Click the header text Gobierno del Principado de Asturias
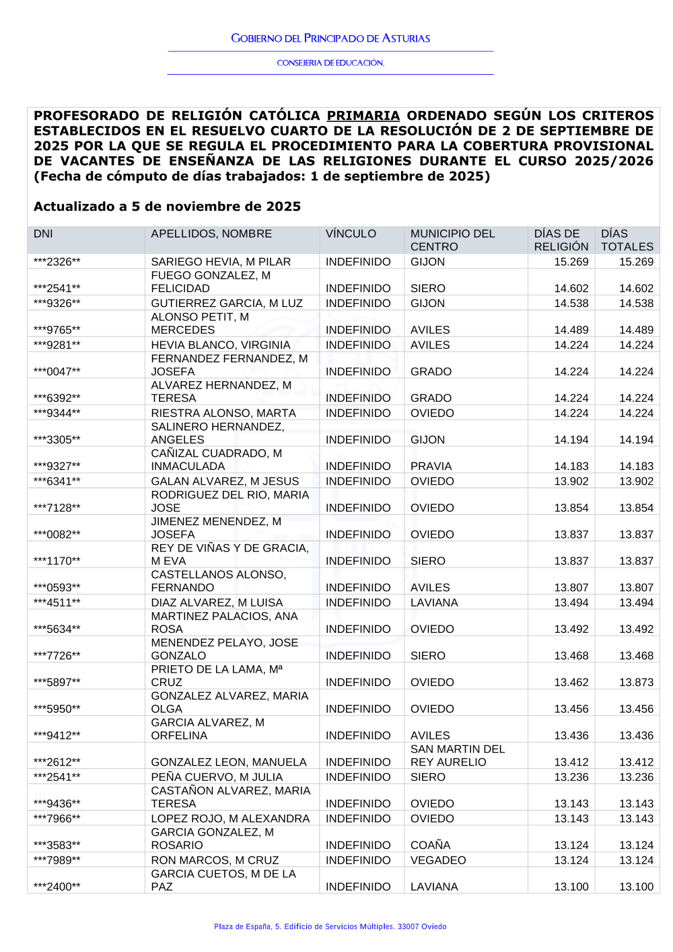tap(330, 38)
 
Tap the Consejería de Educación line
tap(330, 63)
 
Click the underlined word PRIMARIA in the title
tap(363, 116)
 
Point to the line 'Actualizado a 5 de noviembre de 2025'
tap(167, 207)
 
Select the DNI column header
tap(43, 234)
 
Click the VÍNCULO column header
tap(351, 234)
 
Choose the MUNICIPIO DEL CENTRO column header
tap(452, 240)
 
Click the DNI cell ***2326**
tap(57, 262)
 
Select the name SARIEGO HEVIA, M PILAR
tap(221, 262)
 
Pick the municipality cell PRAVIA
tap(431, 466)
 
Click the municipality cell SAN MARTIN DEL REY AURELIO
tap(457, 755)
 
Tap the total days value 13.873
tap(636, 682)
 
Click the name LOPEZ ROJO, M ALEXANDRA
tap(230, 819)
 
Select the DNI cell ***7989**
tap(57, 860)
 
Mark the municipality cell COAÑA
tap(430, 845)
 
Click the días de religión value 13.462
tap(571, 682)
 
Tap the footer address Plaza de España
tap(330, 926)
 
